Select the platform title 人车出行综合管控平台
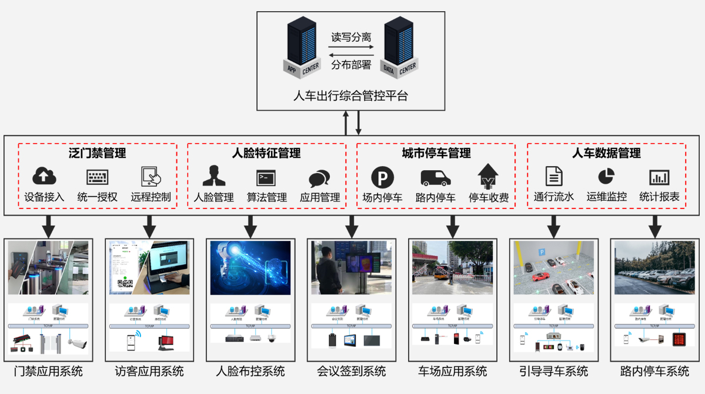click(351, 95)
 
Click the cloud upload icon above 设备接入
click(44, 176)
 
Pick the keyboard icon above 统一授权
click(97, 177)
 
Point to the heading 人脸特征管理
click(266, 153)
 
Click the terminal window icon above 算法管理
click(266, 177)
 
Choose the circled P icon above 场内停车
click(382, 177)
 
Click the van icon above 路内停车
click(435, 178)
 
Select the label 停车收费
click(488, 197)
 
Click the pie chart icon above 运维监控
click(606, 176)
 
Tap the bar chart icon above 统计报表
click(659, 177)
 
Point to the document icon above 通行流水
click(554, 176)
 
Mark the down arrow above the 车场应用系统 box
click(453, 226)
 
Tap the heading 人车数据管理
click(606, 153)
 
